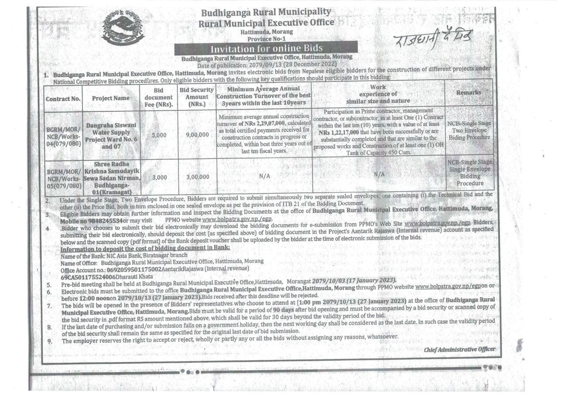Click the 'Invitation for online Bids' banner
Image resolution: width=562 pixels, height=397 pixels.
(265, 48)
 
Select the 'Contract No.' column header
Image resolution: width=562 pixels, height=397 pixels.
(63, 99)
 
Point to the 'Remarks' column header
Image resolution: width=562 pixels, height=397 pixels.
(469, 92)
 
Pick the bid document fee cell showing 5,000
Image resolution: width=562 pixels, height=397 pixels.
(159, 135)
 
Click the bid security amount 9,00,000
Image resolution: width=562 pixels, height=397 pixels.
(197, 135)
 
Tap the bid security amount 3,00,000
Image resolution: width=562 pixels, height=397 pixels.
(197, 177)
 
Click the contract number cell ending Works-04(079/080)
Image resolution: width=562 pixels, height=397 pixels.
(63, 137)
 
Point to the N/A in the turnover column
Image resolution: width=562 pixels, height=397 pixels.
(265, 176)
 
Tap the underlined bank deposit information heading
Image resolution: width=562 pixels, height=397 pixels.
(145, 248)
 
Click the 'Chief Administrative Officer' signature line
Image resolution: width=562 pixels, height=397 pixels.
(459, 349)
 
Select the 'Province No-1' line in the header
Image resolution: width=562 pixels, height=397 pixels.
(265, 38)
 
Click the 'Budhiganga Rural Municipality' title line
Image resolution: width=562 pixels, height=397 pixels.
(265, 12)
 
